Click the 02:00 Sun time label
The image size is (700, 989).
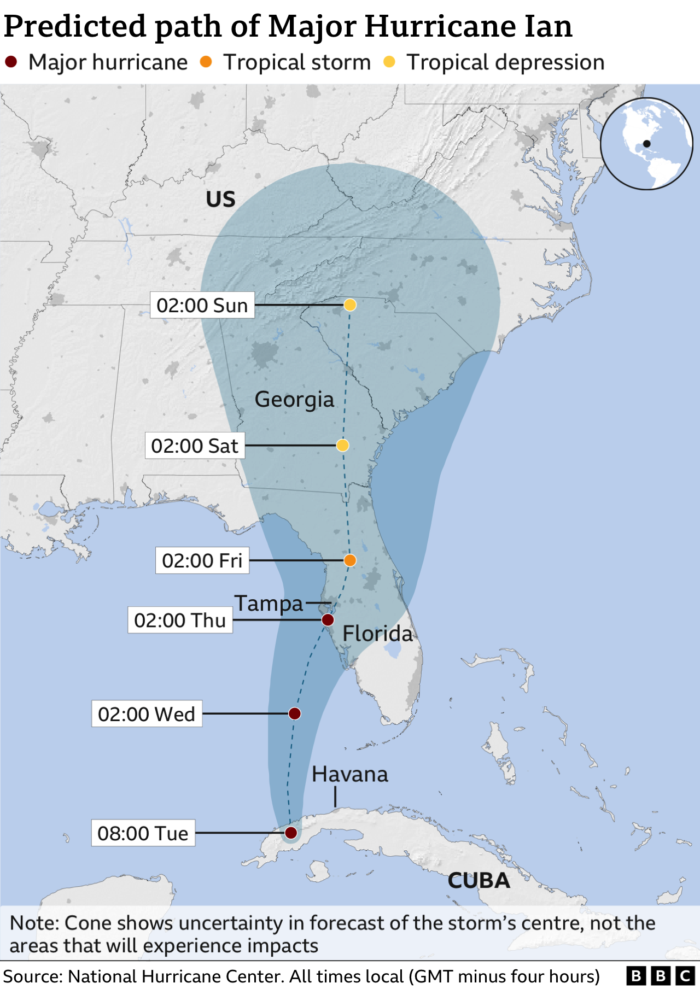202,305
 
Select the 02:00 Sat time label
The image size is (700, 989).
195,446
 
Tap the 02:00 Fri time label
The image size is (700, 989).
202,560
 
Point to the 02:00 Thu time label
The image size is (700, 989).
180,620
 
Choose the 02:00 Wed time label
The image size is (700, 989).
147,713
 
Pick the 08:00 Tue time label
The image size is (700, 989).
143,833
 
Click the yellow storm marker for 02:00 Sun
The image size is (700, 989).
350,305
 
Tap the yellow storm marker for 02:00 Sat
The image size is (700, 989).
342,446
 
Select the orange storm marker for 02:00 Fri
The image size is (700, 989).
350,560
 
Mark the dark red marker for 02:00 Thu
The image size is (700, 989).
328,620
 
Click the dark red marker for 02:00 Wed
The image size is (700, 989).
294,713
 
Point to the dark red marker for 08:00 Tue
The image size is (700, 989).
291,833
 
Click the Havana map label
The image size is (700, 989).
350,774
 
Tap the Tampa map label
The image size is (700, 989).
269,604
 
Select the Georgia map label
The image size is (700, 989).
294,400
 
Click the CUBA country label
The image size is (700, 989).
479,881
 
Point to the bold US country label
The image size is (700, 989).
220,200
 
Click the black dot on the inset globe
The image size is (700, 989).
647,144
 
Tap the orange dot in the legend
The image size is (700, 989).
206,62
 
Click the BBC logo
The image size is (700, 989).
660,976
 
